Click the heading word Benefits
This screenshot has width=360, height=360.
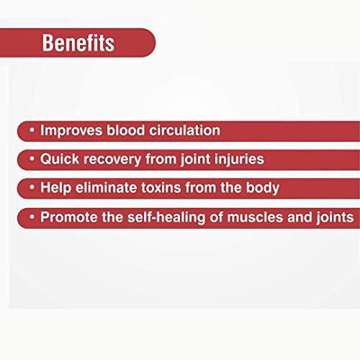point(78,42)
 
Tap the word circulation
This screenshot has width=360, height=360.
point(184,130)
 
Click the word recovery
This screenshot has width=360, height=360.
point(109,159)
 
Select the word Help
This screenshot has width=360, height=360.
point(55,188)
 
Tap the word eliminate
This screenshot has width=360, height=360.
point(105,188)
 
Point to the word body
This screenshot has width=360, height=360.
point(262,188)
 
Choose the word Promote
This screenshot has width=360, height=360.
point(66,217)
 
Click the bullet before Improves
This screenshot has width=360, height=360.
point(32,131)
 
